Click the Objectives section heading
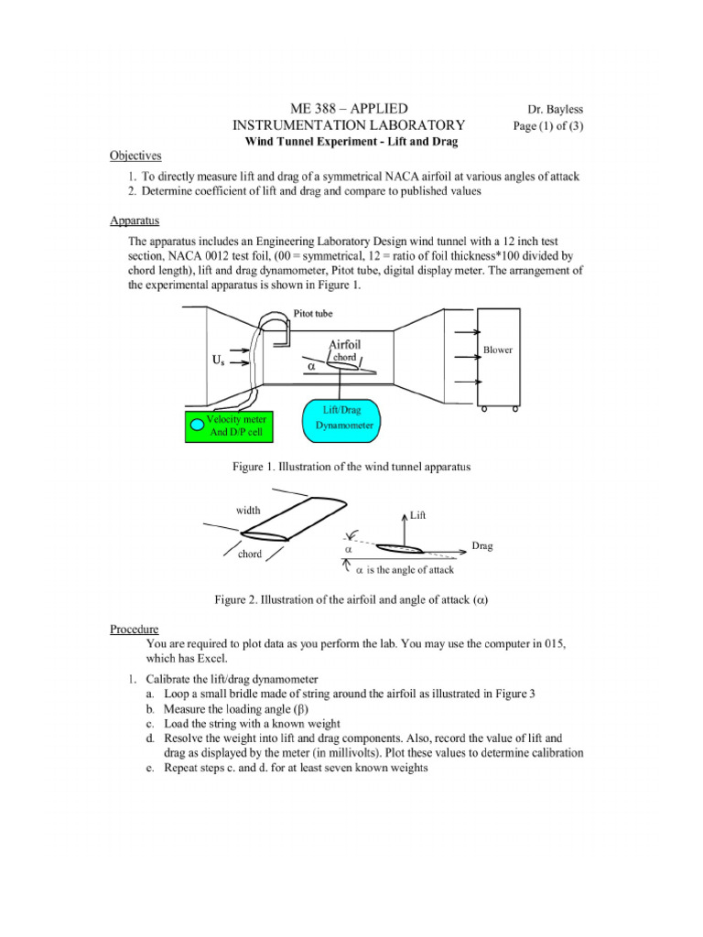pyautogui.click(x=135, y=156)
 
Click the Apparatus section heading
pyautogui.click(x=135, y=221)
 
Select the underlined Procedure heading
pyautogui.click(x=135, y=629)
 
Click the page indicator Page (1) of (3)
pyautogui.click(x=549, y=125)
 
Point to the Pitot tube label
pyautogui.click(x=313, y=313)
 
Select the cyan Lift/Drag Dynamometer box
pyautogui.click(x=342, y=420)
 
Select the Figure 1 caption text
pyautogui.click(x=351, y=466)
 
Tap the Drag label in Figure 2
pyautogui.click(x=482, y=545)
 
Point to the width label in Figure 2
pyautogui.click(x=248, y=510)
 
